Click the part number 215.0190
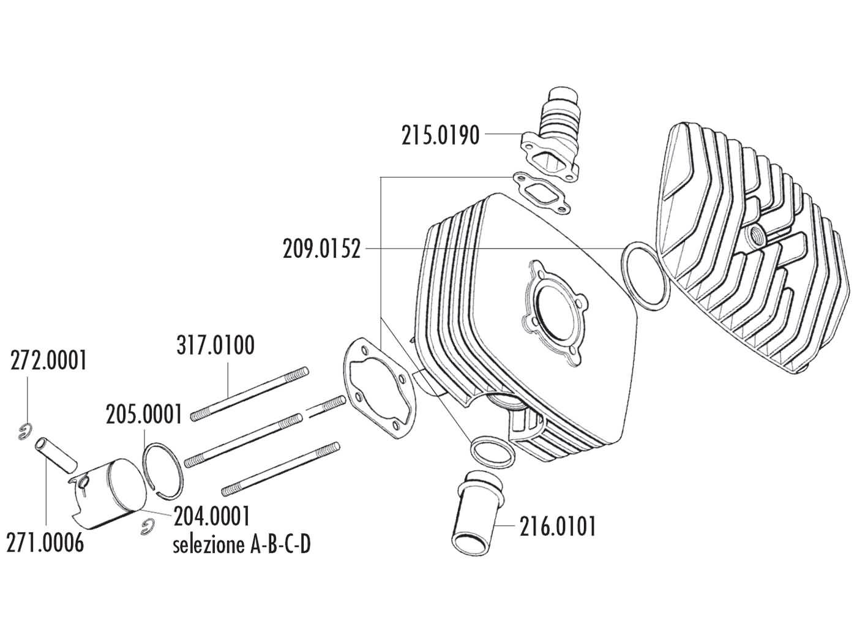point(440,135)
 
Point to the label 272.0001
point(48,361)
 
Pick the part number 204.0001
point(212,516)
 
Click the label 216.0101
point(557,526)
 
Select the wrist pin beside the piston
point(56,453)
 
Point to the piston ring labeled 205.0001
point(163,469)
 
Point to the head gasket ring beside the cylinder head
point(645,274)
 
